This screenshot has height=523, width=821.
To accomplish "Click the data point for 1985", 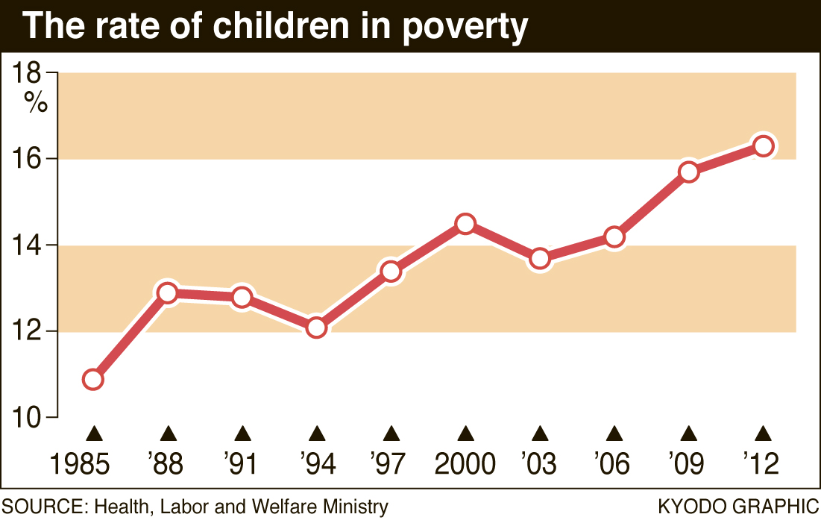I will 92,380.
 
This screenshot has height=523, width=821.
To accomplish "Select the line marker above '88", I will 168,293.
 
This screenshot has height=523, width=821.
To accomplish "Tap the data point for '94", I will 316,328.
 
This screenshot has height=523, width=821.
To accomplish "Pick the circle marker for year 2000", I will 465,224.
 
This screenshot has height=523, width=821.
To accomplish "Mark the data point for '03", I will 540,259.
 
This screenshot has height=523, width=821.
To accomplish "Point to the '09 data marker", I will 688,172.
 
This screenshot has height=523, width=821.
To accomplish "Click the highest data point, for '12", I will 763,145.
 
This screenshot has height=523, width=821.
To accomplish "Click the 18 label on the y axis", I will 28,73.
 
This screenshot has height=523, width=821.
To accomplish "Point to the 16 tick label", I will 28,160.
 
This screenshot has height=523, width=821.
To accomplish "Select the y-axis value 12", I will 28,331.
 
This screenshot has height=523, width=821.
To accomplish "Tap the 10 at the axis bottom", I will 28,418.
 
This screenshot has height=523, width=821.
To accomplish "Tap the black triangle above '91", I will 242,433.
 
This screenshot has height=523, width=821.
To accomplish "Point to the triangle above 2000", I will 465,433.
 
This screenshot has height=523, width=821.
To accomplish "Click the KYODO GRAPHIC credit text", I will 738,507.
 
